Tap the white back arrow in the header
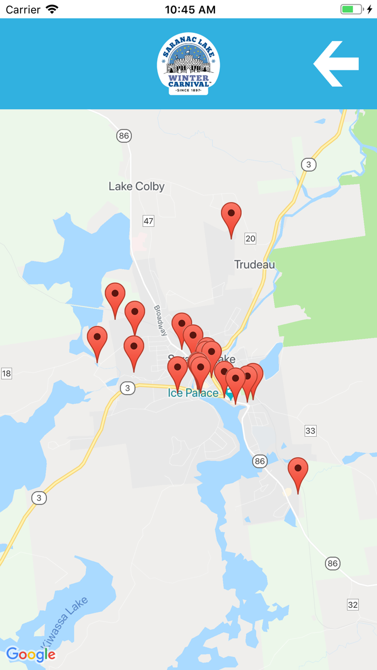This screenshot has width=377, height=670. click(x=336, y=64)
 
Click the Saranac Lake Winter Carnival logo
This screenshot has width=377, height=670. click(x=188, y=64)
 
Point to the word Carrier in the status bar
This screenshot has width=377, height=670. click(x=23, y=9)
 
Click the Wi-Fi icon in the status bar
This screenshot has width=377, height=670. click(x=52, y=9)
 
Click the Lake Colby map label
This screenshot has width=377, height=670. click(x=136, y=186)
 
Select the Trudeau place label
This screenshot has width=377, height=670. click(x=254, y=264)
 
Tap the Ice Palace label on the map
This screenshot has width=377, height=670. click(x=193, y=393)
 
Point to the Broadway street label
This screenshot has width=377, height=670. click(x=160, y=320)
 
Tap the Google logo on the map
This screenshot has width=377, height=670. click(x=31, y=654)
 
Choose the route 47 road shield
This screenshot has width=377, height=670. click(x=148, y=220)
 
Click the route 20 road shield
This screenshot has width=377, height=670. click(x=250, y=238)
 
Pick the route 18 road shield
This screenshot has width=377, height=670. click(x=6, y=373)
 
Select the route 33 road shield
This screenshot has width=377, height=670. click(x=310, y=430)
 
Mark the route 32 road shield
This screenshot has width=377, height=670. click(x=352, y=604)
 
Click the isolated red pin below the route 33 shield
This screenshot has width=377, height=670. click(x=298, y=470)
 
